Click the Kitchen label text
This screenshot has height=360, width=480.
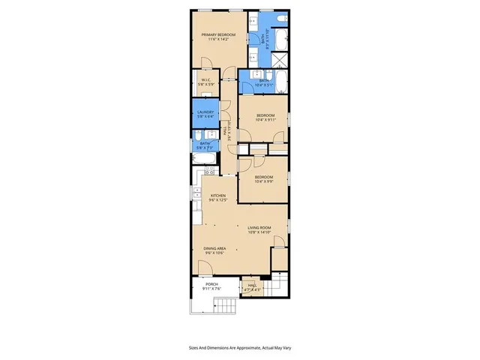(217, 197)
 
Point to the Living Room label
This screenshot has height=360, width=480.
(259, 228)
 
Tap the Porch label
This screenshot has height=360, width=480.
(211, 284)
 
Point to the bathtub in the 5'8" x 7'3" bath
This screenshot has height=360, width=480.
(205, 157)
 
